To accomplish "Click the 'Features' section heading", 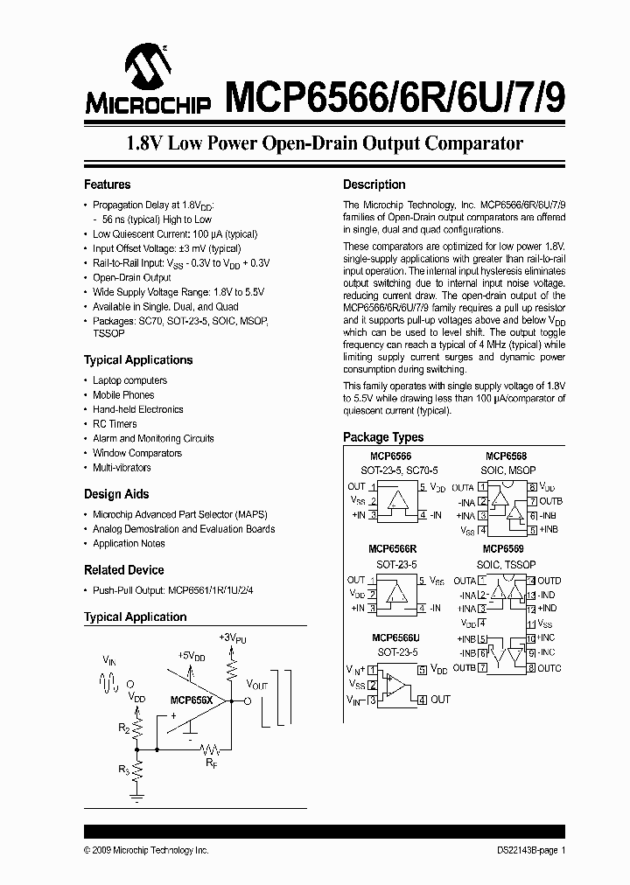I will click(107, 185).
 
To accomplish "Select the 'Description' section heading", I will click(374, 185).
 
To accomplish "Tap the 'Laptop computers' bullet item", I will click(129, 380).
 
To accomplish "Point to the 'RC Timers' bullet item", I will click(115, 424).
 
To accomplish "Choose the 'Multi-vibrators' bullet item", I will click(122, 468).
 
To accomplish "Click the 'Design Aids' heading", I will click(116, 494).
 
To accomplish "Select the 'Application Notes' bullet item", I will click(129, 543).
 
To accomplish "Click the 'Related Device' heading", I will click(123, 570).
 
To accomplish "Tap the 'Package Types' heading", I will click(383, 437).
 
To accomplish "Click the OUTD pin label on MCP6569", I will click(549, 581).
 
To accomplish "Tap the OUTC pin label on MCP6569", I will click(549, 669).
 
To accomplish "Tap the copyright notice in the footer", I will click(146, 850).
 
